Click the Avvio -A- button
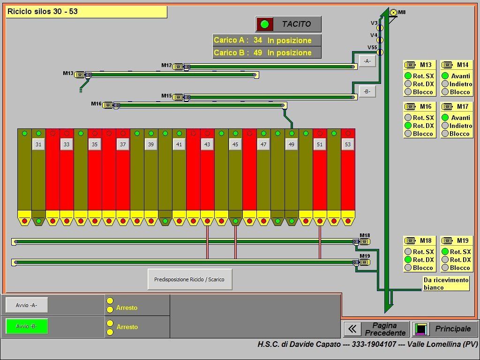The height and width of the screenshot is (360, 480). point(27,305)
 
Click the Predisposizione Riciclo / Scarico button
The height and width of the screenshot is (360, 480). point(190,279)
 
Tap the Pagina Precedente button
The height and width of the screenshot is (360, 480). point(376,329)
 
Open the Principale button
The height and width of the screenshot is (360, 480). point(445,329)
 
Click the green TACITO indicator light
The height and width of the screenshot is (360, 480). point(265,24)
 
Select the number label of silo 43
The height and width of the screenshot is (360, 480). point(207,144)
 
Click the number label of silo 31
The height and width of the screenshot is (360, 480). point(38,144)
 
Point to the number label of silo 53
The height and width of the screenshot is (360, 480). point(348,144)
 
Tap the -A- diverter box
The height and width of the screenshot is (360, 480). point(367,61)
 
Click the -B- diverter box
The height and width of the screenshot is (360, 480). point(367,91)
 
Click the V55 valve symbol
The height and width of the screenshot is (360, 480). point(380,52)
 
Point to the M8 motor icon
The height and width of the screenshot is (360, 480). point(393,13)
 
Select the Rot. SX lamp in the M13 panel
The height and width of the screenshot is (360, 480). point(408,75)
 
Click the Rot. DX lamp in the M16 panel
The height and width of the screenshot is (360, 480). point(408,126)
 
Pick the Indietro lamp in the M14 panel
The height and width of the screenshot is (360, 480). point(445,84)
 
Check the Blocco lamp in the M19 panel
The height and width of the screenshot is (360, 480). point(445,268)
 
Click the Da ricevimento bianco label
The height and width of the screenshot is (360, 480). point(446,284)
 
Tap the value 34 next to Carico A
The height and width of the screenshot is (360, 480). point(258,40)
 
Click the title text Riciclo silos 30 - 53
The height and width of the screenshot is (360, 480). point(43,12)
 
